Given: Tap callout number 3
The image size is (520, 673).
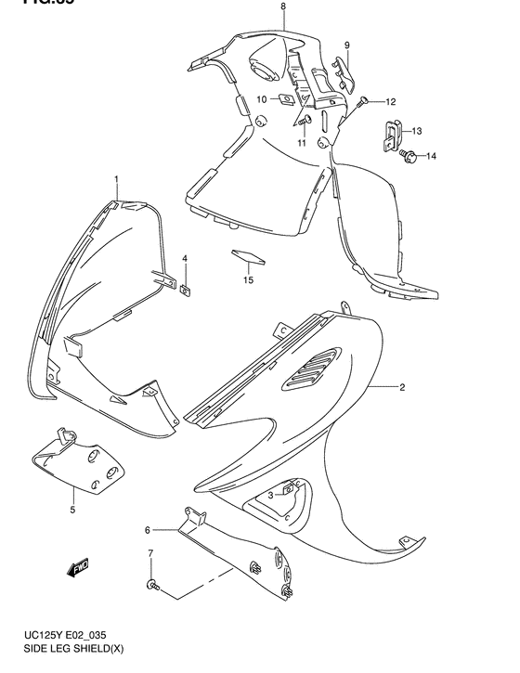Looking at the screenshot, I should coord(271,495).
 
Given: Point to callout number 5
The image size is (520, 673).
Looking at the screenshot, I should coord(71,510).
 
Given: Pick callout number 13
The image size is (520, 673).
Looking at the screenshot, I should coord(417,131).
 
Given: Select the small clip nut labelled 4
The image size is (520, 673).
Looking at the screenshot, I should coord(186,289).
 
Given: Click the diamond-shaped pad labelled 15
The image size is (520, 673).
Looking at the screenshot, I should coord(247,253).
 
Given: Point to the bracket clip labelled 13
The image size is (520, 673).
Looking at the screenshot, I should coord(390,137).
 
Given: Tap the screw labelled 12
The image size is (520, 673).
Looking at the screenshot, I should coord(363,100).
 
